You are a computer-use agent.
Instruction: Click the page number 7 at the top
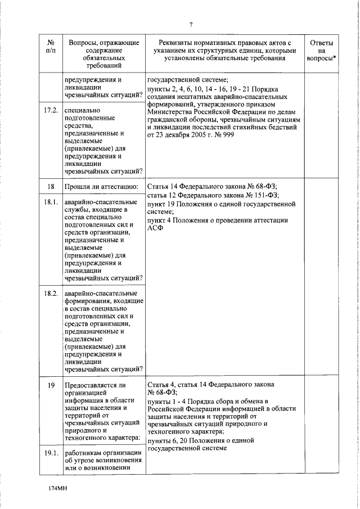tap(191, 24)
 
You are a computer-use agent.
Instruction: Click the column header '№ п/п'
tap(51, 47)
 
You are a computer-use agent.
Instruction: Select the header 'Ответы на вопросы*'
tap(322, 51)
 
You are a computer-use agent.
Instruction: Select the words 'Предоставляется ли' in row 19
tap(96, 384)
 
